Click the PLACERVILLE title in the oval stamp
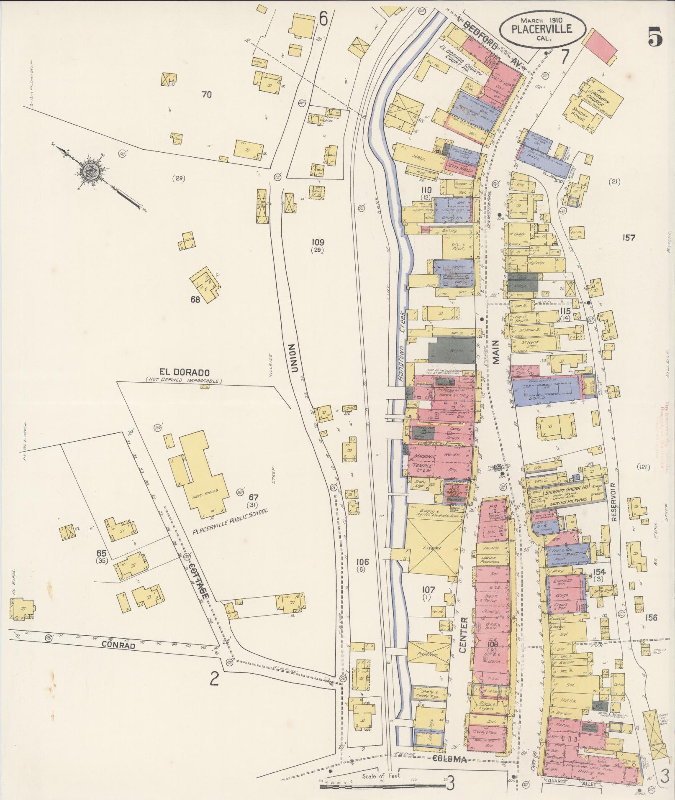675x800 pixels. (542, 29)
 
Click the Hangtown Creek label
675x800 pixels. (402, 347)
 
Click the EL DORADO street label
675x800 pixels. (183, 372)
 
